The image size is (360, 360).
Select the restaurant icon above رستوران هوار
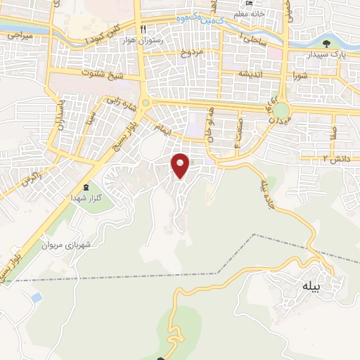143,30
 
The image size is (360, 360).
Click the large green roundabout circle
281,111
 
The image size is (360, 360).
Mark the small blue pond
35,298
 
